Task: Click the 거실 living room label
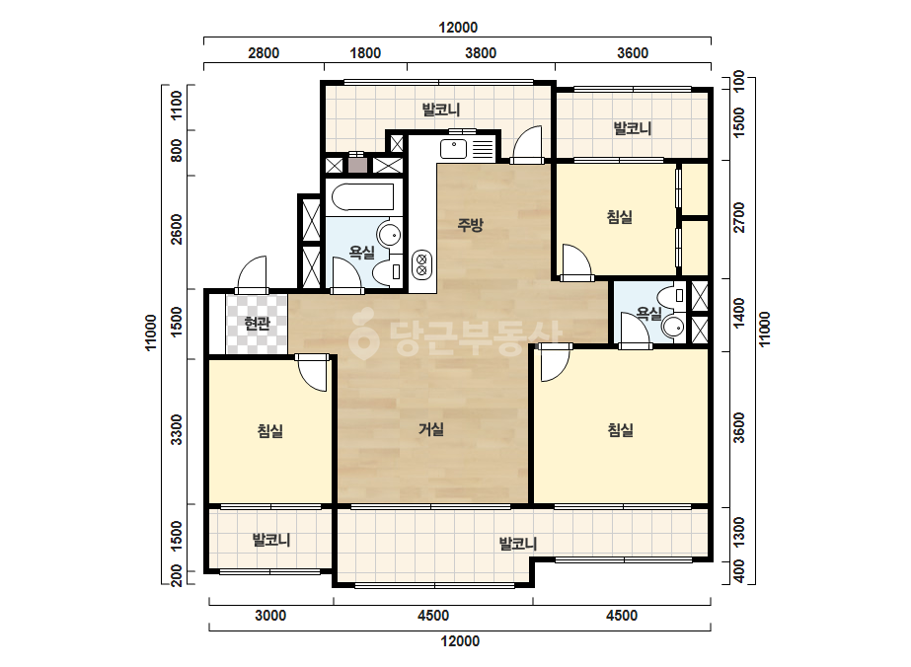tap(431, 429)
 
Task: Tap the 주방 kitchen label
tap(470, 225)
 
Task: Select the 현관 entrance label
tap(257, 324)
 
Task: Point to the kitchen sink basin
tap(453, 149)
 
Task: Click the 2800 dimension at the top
tap(264, 53)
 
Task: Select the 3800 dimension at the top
tap(481, 53)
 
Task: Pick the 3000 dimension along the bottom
tap(270, 616)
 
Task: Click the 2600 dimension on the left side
tap(177, 230)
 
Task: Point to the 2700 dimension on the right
tap(739, 217)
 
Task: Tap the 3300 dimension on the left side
tap(177, 430)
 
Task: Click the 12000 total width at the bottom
tap(460, 641)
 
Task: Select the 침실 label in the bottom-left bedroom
tap(270, 431)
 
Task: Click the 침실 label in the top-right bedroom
tap(619, 217)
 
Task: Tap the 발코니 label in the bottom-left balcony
tap(271, 540)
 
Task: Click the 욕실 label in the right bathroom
tap(649, 314)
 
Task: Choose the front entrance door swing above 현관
tap(252, 274)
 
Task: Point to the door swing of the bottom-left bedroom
tap(314, 374)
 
